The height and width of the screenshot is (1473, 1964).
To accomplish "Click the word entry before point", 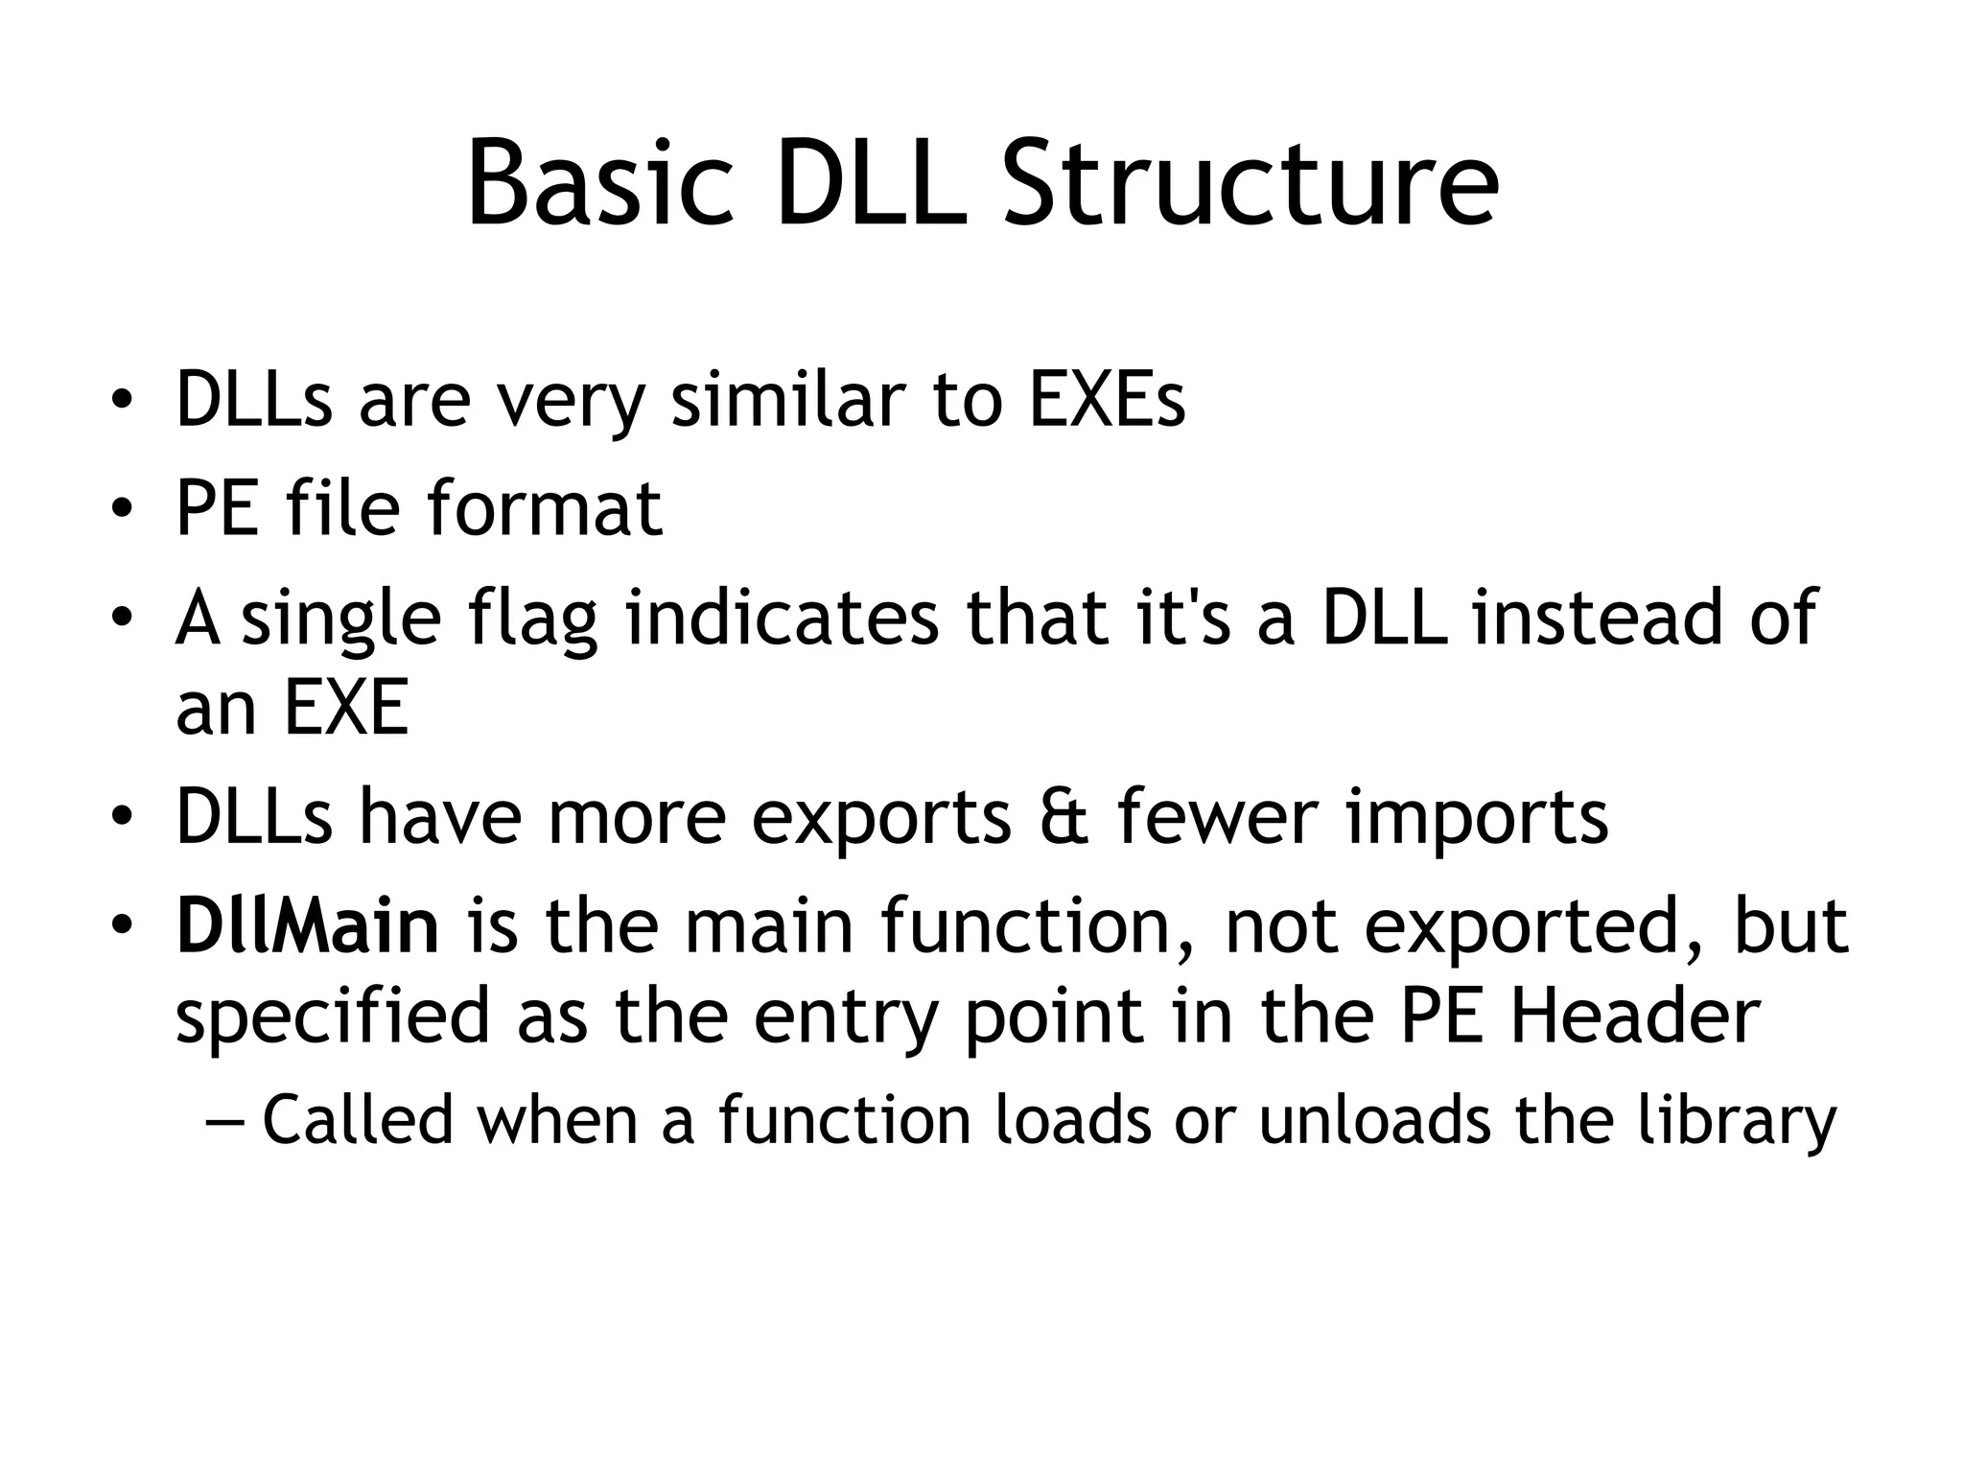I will [x=844, y=1018].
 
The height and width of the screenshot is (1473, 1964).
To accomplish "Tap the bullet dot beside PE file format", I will [x=120, y=509].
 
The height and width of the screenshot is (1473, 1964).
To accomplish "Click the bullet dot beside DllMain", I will [x=120, y=927].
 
